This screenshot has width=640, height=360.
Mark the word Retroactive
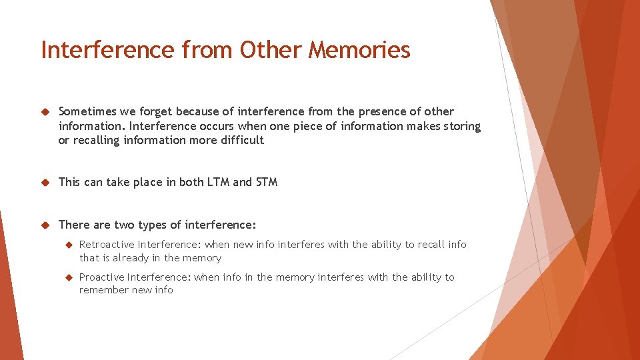point(107,245)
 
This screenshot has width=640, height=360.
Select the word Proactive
point(102,277)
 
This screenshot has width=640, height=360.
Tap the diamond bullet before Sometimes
point(45,112)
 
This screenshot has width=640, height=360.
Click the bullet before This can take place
point(45,183)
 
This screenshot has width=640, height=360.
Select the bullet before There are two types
point(45,225)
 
